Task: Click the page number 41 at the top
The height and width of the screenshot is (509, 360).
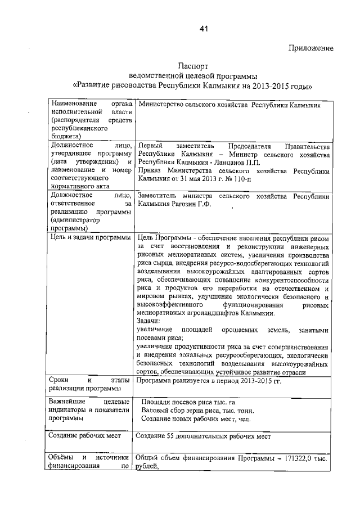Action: [x=203, y=29]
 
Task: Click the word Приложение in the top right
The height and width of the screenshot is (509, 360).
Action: [x=310, y=48]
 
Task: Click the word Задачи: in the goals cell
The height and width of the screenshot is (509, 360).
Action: [x=149, y=321]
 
